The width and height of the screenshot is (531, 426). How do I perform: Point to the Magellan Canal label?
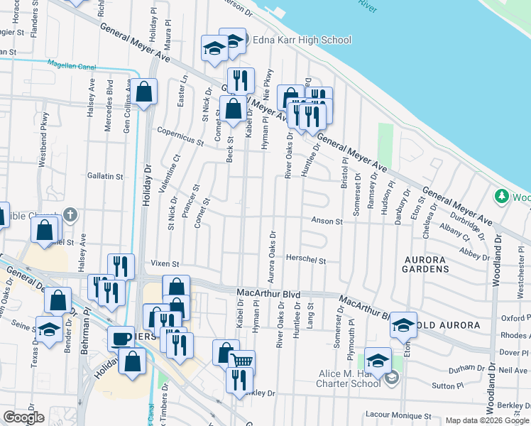point(71,65)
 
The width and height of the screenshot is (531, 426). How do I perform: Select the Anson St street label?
point(327,222)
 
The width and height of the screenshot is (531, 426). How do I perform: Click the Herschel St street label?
point(306,261)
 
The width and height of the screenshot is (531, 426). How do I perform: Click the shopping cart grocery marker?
point(241,361)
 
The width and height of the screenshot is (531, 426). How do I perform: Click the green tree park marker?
point(502,195)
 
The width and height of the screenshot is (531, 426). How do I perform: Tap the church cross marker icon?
point(70,214)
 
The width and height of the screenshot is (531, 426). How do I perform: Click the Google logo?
point(23,417)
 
